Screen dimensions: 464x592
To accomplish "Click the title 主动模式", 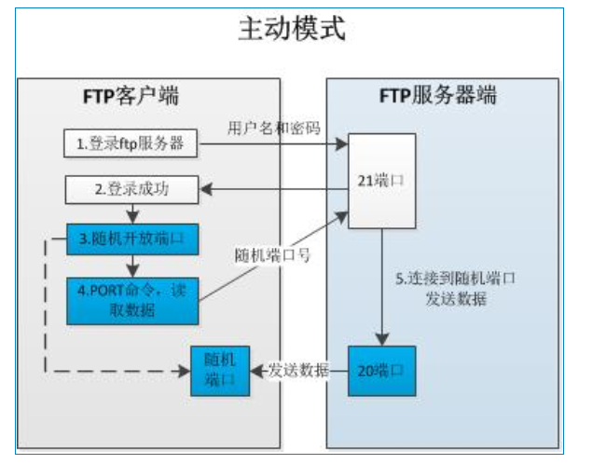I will pos(291,30).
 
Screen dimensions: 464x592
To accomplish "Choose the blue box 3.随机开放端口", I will pos(132,240).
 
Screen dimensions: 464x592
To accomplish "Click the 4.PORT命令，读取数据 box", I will pos(132,299).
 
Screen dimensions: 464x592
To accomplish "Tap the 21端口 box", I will pos(381,182).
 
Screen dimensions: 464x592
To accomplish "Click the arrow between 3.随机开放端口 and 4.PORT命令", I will pos(132,264).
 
